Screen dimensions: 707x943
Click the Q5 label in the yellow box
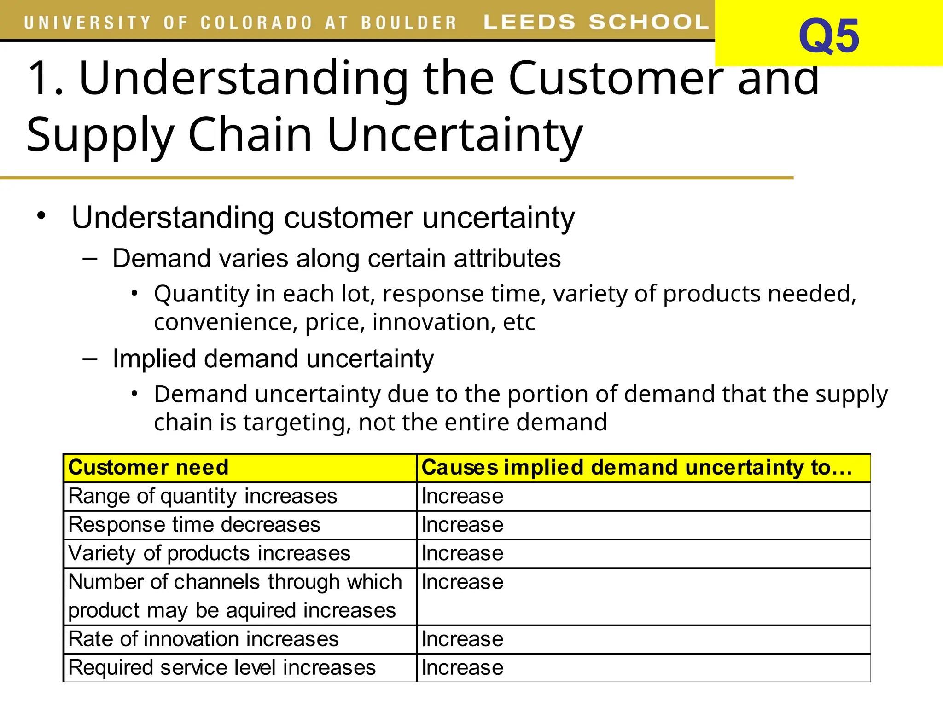click(x=828, y=36)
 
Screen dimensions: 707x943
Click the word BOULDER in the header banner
click(x=408, y=23)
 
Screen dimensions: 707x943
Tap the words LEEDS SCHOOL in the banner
click(x=596, y=22)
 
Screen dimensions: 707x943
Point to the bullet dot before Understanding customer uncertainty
click(x=41, y=215)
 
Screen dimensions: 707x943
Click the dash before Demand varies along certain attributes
click(x=90, y=258)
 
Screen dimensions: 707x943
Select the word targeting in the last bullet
click(x=297, y=422)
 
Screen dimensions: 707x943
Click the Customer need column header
click(x=148, y=467)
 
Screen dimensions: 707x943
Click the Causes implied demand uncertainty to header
click(x=636, y=467)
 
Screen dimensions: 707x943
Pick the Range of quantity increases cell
click(x=203, y=496)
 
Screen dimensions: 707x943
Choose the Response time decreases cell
click(x=194, y=525)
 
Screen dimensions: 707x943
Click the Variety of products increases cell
click(x=209, y=553)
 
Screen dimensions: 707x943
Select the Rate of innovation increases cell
click(x=203, y=639)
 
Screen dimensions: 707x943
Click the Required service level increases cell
click(x=221, y=667)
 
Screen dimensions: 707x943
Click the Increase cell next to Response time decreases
click(x=462, y=525)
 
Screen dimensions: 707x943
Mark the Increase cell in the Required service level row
click(x=462, y=667)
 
